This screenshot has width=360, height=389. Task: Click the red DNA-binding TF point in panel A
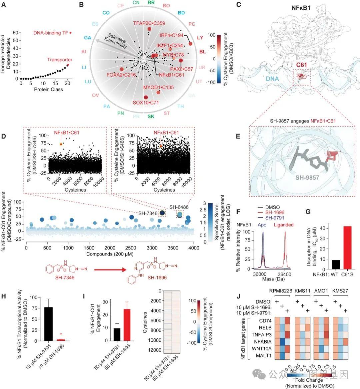tap(70, 33)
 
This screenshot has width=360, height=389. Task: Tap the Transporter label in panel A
tap(60, 60)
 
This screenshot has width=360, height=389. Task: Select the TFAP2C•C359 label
tap(149, 23)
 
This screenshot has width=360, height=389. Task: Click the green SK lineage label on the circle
tap(151, 116)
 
